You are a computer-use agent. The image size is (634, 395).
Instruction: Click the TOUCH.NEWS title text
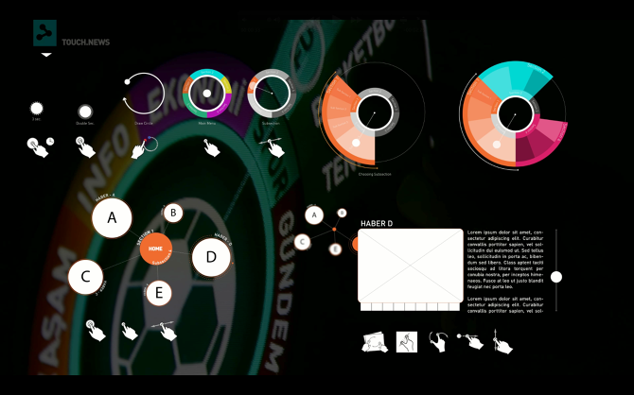pyautogui.click(x=85, y=43)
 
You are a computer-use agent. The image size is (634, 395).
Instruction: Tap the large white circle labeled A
pyautogui.click(x=112, y=218)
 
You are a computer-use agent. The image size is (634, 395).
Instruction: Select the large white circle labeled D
pyautogui.click(x=211, y=257)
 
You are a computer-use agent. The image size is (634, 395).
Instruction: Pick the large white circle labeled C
pyautogui.click(x=86, y=278)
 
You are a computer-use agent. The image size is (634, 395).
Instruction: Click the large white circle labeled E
pyautogui.click(x=159, y=294)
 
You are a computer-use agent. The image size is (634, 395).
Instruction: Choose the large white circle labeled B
pyautogui.click(x=172, y=213)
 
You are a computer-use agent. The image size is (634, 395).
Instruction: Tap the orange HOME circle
pyautogui.click(x=155, y=249)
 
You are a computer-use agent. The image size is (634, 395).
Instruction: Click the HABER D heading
pyautogui.click(x=377, y=223)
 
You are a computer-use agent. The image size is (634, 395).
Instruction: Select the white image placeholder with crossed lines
pyautogui.click(x=410, y=266)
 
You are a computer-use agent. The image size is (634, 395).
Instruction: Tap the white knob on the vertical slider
pyautogui.click(x=556, y=277)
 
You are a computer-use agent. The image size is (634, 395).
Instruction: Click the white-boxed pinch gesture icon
pyautogui.click(x=407, y=341)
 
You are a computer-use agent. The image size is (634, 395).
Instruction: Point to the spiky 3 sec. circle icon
pyautogui.click(x=37, y=110)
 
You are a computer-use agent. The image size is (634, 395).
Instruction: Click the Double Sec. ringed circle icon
pyautogui.click(x=85, y=112)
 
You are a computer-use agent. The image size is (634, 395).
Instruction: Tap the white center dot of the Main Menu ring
pyautogui.click(x=207, y=94)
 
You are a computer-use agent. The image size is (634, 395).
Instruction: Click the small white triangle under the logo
pyautogui.click(x=45, y=55)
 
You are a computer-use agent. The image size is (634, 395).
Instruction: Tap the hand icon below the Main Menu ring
pyautogui.click(x=209, y=146)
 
